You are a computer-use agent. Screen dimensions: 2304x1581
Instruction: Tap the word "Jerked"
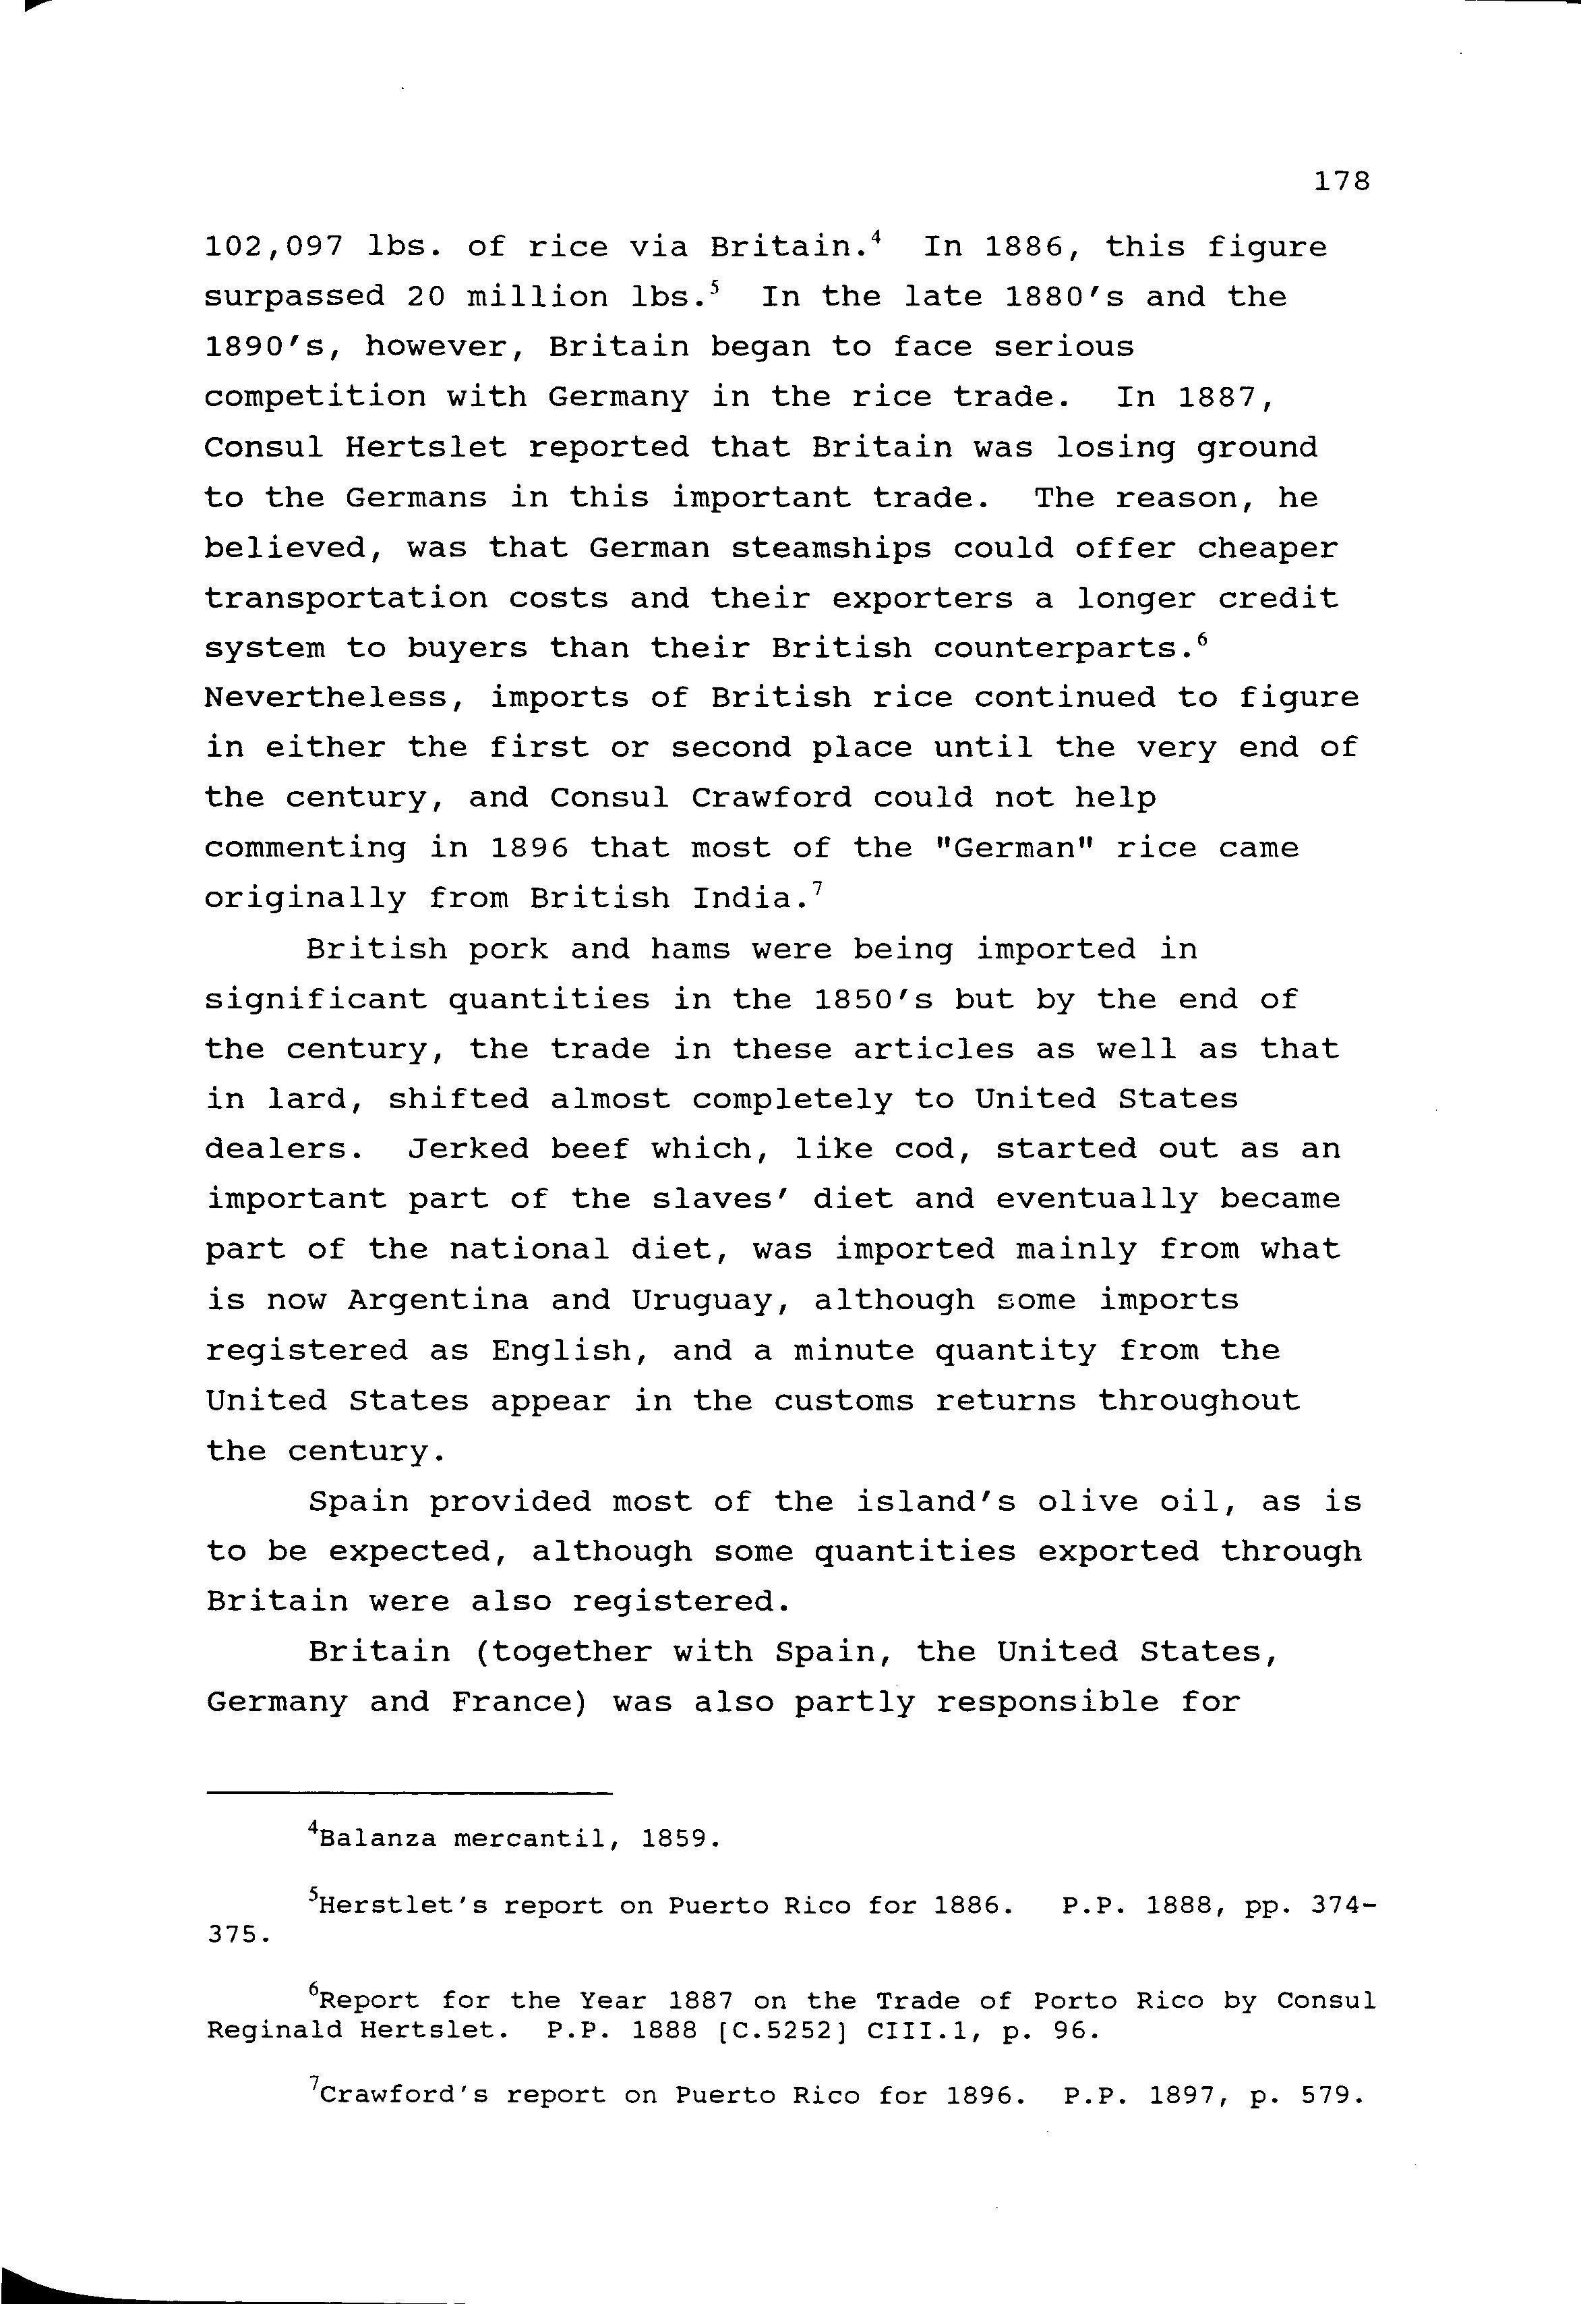(468, 1149)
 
